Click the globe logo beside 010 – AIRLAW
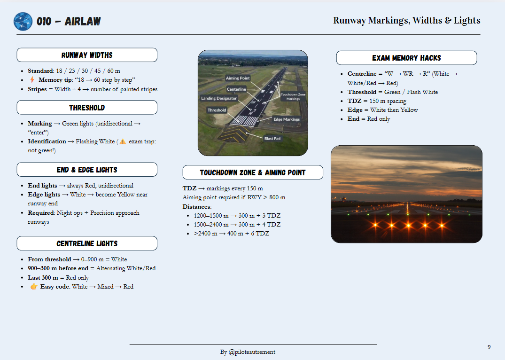(23, 22)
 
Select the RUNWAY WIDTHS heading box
(87, 55)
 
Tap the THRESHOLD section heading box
(87, 108)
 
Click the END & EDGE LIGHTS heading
(87, 170)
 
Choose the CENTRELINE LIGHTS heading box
(87, 243)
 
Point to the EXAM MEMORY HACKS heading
(406, 58)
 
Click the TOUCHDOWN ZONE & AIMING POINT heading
(253, 172)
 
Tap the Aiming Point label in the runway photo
(238, 78)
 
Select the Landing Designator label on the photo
(219, 98)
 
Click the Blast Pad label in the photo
(273, 139)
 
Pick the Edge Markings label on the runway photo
(287, 119)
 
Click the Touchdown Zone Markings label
(293, 96)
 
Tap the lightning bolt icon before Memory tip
(32, 80)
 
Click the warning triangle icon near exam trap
(123, 141)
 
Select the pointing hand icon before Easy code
(34, 287)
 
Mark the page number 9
(489, 347)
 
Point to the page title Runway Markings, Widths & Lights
(406, 21)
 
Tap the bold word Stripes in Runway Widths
(38, 89)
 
